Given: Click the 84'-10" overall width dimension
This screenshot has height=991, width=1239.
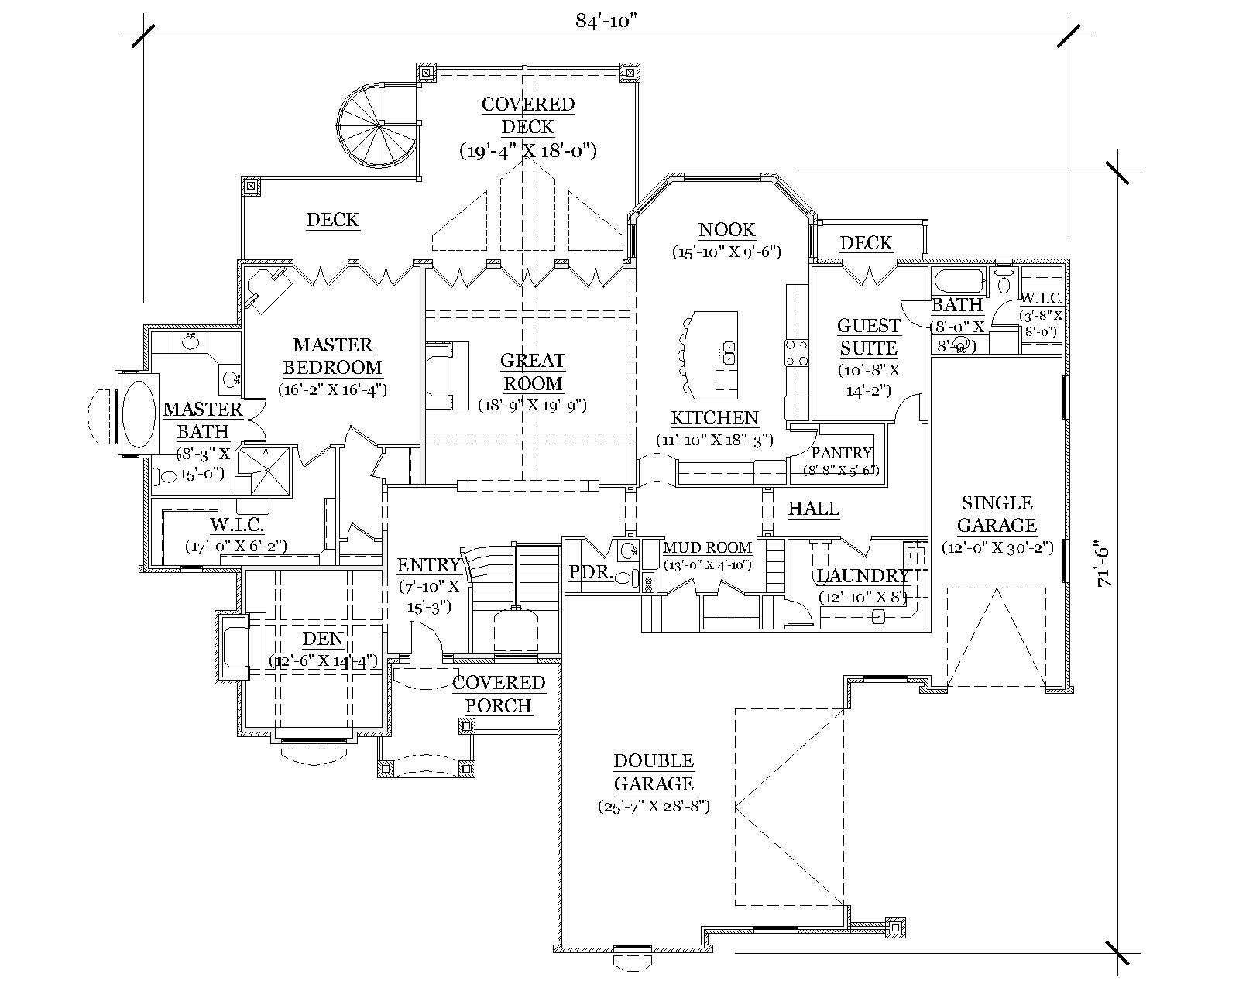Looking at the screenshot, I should (x=606, y=21).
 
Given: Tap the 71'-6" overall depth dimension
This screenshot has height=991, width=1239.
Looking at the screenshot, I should (x=1104, y=566).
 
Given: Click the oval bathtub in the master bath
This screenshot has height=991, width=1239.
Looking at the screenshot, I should (x=139, y=413).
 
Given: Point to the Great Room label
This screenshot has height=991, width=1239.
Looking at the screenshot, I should (x=532, y=372).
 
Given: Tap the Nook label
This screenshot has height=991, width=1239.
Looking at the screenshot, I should (x=726, y=230).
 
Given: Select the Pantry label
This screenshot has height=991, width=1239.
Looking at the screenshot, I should (x=841, y=454).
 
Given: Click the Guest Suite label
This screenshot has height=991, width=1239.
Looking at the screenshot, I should (x=868, y=337).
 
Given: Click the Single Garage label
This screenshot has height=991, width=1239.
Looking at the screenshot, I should (x=997, y=514).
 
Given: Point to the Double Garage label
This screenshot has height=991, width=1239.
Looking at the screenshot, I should (x=654, y=772).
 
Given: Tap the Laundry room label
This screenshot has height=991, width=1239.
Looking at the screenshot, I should (x=862, y=576).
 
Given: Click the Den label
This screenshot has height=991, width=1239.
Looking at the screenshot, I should (x=323, y=640).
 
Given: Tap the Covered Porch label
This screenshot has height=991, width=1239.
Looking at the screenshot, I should (x=499, y=694).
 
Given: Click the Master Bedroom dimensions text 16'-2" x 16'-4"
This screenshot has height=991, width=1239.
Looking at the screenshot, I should (x=332, y=389).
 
